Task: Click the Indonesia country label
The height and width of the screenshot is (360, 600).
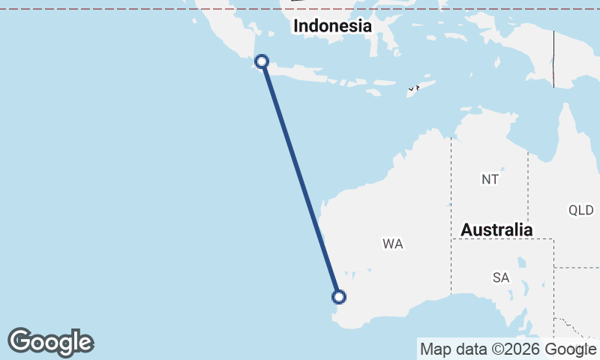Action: click(332, 26)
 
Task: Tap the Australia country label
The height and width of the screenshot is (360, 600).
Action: click(496, 229)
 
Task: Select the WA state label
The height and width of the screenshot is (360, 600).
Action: click(392, 244)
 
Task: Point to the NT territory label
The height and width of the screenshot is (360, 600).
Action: click(490, 179)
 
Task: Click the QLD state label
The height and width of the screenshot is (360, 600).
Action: click(580, 210)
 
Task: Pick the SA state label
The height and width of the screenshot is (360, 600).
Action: click(501, 277)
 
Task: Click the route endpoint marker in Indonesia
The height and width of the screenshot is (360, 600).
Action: click(262, 61)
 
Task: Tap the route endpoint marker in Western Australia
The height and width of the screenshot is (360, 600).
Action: click(339, 297)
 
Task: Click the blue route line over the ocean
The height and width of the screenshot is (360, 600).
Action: click(300, 178)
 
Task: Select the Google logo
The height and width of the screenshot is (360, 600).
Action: click(50, 342)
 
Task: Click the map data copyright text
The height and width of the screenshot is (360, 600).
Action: click(507, 349)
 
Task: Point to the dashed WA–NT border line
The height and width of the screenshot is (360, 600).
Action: click(451, 187)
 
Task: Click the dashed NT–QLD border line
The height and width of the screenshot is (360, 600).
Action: click(528, 187)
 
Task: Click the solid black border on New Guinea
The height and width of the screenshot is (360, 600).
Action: click(553, 60)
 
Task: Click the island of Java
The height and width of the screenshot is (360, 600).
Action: click(315, 75)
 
